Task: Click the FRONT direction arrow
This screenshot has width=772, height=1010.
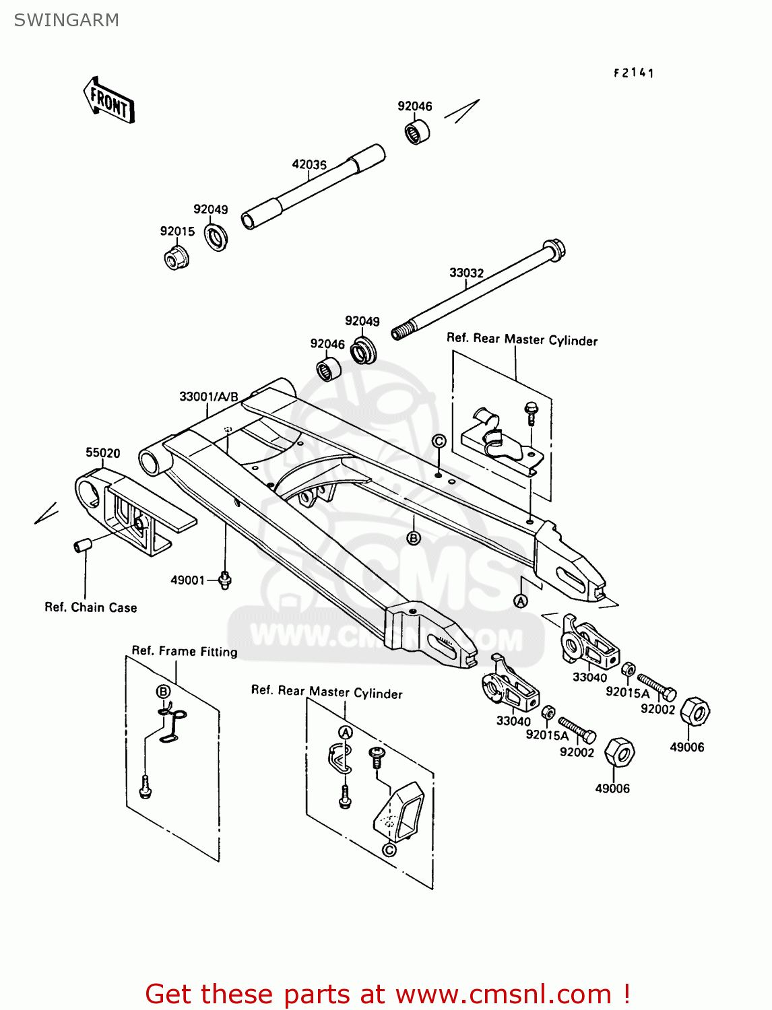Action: click(108, 100)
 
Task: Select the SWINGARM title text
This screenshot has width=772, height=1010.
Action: click(67, 20)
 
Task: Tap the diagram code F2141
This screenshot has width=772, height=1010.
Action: click(633, 73)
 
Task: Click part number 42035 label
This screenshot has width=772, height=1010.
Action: click(309, 164)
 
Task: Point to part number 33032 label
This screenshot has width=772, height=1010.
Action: click(466, 273)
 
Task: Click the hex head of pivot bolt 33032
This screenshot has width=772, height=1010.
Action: click(554, 250)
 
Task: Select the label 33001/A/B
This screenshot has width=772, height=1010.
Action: click(208, 397)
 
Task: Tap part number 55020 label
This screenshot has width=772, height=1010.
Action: click(102, 452)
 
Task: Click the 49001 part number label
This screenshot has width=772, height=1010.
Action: click(187, 580)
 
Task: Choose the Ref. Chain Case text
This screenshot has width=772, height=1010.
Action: click(90, 607)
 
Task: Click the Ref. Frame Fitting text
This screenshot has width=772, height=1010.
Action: click(185, 651)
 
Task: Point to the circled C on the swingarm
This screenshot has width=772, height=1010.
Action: click(439, 441)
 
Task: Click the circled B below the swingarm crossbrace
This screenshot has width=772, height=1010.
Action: click(414, 538)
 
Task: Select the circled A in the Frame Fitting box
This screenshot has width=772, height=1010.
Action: click(345, 732)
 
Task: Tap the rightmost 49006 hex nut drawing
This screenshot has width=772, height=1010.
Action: click(695, 711)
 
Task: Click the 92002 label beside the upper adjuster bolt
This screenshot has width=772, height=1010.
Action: click(657, 709)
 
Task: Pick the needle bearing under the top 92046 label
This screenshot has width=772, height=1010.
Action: click(418, 132)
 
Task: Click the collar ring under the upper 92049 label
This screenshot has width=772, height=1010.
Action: click(216, 237)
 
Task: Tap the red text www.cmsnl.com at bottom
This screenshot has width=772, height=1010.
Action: click(503, 994)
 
